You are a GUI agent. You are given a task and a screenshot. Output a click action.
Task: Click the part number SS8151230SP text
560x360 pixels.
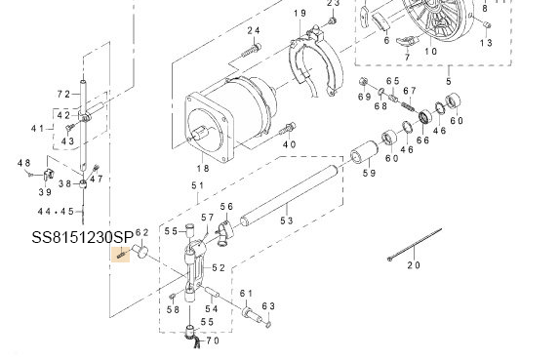coord(83,237)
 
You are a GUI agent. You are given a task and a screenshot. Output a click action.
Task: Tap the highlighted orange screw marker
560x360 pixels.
coord(120,255)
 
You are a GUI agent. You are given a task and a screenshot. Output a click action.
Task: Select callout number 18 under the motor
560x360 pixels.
coord(203,168)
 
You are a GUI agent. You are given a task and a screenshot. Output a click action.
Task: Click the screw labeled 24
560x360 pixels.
coord(251,51)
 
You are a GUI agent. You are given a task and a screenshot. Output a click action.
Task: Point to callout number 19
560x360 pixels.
coord(300,14)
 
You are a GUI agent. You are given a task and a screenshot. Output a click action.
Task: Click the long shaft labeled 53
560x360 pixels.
coord(289,195)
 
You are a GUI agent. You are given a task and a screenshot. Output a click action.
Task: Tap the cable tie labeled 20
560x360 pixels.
coord(415,244)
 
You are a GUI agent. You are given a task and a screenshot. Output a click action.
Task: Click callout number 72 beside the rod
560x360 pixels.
coord(64,95)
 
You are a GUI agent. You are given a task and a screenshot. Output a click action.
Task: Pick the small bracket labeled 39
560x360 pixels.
coord(49,174)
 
